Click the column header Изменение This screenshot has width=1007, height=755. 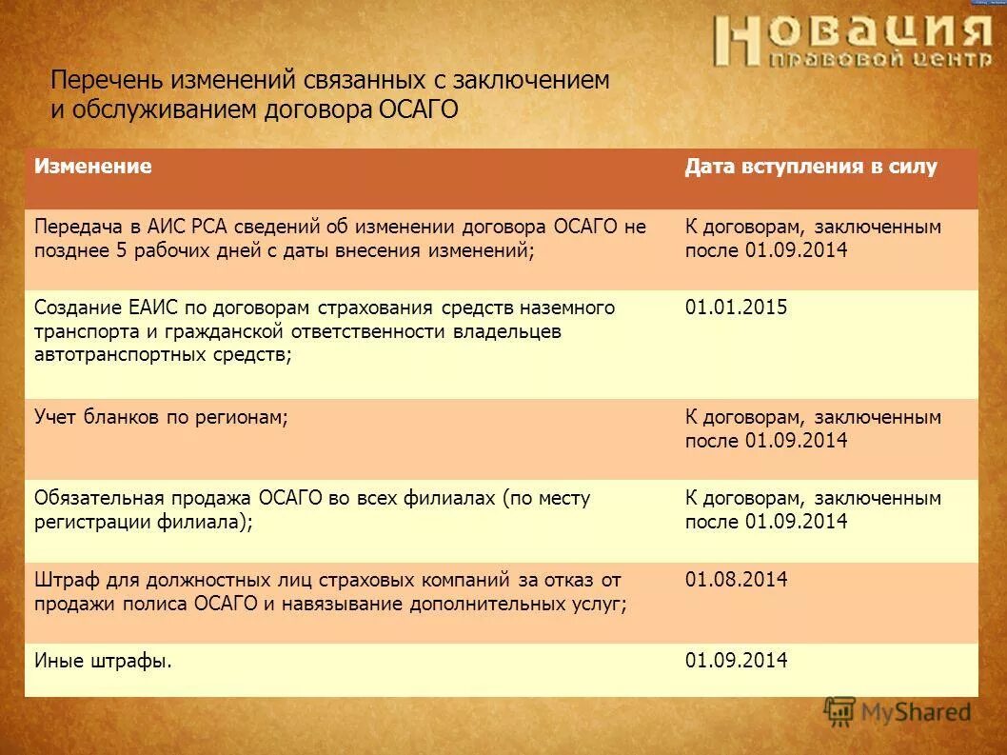[x=93, y=167]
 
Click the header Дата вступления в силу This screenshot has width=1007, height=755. [x=811, y=167]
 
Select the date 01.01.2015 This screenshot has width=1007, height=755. [x=736, y=308]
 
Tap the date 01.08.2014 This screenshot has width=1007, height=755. [x=736, y=579]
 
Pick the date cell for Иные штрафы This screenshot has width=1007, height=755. [x=736, y=660]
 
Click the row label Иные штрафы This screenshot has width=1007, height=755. [x=103, y=660]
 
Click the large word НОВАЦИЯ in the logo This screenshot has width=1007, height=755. [x=853, y=35]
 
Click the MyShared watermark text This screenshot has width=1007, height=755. [x=916, y=711]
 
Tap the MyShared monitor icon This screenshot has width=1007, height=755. [x=839, y=711]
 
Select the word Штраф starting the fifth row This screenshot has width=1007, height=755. [x=65, y=579]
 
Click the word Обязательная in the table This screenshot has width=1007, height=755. [x=101, y=498]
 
